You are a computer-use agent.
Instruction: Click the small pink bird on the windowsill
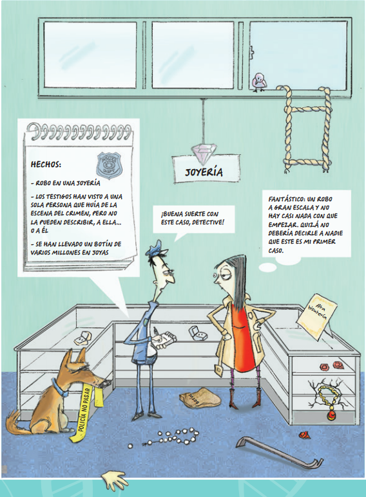tap(259, 82)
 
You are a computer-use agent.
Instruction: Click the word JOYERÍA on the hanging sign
tap(204, 172)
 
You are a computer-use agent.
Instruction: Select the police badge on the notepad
tap(109, 165)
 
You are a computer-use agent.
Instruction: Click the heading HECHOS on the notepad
tap(46, 165)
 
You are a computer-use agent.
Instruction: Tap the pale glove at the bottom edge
tap(115, 481)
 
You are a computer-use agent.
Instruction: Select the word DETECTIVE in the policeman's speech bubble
tap(208, 222)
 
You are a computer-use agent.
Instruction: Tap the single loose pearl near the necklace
tap(130, 446)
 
